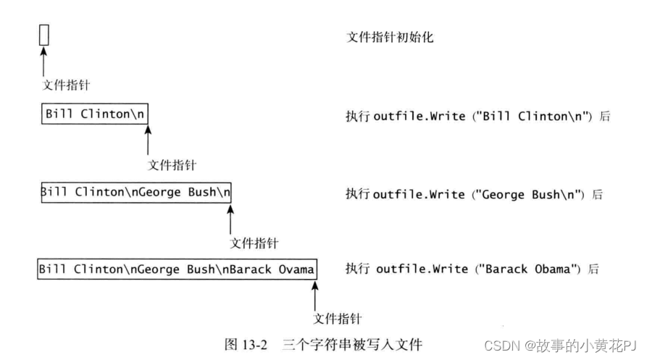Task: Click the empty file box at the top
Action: [44, 35]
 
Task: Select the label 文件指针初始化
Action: [391, 37]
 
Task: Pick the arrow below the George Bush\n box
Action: [230, 218]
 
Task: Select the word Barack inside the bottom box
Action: [249, 269]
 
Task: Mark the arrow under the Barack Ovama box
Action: [314, 296]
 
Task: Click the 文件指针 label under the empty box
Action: [67, 85]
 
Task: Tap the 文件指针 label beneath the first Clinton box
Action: [172, 165]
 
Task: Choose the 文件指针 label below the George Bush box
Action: [254, 243]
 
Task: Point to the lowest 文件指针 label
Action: [337, 319]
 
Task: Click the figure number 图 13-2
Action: [245, 345]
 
